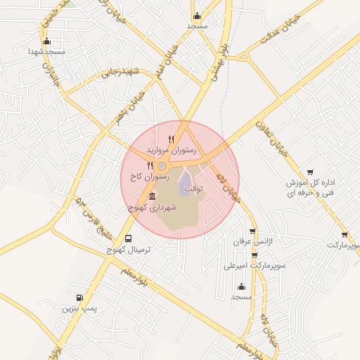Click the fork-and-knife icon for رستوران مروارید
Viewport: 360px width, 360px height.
tap(171, 139)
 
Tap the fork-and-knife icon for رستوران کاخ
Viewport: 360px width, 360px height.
tap(150, 165)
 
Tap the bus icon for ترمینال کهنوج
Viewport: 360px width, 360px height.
tap(127, 238)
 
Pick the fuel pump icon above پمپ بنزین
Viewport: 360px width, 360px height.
tap(79, 298)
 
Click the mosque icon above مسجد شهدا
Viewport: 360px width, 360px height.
tap(46, 41)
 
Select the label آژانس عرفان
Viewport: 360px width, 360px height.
tap(251, 241)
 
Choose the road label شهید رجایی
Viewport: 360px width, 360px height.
tap(122, 72)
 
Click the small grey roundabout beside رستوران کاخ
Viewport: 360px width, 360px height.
tap(162, 166)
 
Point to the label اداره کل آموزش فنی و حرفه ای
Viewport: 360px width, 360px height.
tap(311, 187)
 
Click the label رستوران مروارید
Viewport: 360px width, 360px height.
tap(166, 150)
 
